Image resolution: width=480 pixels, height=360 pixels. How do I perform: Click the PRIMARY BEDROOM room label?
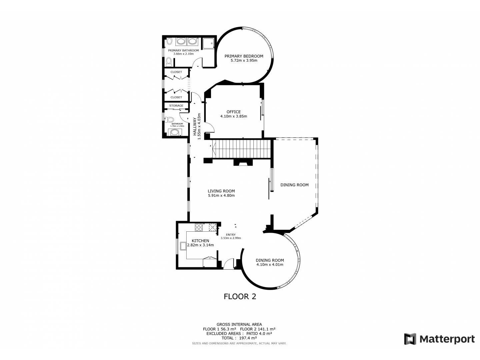pos(244,56)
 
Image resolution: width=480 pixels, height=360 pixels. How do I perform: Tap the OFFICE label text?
pos(234,112)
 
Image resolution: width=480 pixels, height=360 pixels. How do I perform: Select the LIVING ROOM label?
pos(221,191)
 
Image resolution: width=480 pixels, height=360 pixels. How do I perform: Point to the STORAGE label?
pos(176,106)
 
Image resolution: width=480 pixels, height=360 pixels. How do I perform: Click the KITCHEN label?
pos(200,241)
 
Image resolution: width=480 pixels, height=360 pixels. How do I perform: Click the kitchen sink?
pos(183,246)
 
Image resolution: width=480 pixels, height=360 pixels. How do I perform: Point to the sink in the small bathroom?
pos(175,132)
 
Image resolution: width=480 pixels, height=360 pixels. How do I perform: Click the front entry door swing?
pos(229,263)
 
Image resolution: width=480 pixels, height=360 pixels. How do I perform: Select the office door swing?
pos(209,128)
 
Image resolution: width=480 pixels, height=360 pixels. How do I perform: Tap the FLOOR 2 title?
pos(240,297)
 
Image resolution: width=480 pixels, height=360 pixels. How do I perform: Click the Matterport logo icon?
pos(410,345)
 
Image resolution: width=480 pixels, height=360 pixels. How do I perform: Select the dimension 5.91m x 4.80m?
pos(221,195)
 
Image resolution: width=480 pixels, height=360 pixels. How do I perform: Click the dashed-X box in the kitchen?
pos(212,227)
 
